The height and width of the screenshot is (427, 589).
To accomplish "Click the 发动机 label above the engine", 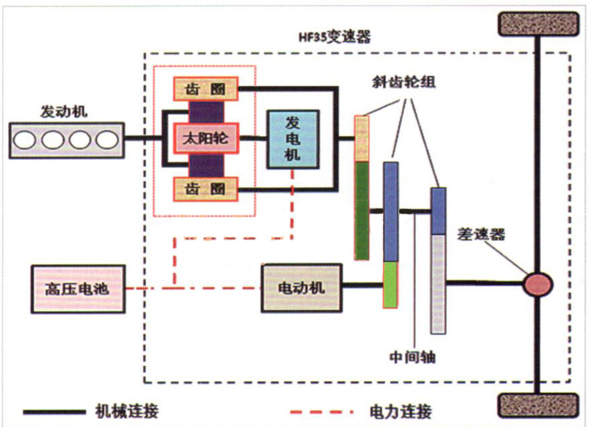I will click(x=64, y=112).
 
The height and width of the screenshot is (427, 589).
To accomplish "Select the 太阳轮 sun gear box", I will click(x=206, y=139).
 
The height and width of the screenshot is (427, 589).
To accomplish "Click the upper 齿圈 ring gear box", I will click(x=206, y=89).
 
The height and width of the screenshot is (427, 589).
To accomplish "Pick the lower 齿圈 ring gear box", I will click(x=206, y=189).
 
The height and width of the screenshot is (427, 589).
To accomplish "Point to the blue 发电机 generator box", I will click(x=292, y=139).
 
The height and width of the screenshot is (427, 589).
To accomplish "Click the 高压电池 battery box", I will click(x=79, y=288).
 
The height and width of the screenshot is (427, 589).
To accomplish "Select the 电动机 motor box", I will click(x=301, y=287).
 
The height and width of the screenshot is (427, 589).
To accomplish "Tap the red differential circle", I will click(x=538, y=284).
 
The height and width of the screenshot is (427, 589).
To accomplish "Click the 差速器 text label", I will click(x=480, y=234).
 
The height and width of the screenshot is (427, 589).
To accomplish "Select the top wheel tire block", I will click(x=538, y=25).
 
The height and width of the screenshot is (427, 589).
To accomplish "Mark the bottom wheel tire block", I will click(x=538, y=406).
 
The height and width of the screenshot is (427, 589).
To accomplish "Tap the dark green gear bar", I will click(x=362, y=211).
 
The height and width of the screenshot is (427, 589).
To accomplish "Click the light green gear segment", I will click(x=390, y=284).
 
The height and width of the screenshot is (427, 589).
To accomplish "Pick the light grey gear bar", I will click(x=438, y=284).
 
